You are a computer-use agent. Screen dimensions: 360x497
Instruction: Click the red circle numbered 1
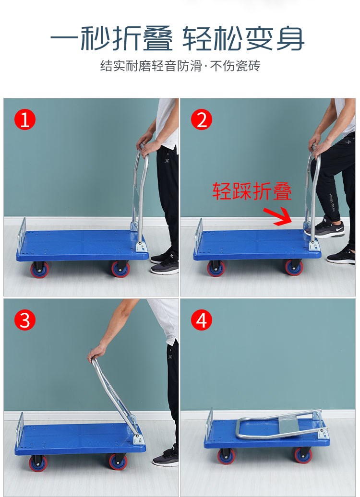(25, 119)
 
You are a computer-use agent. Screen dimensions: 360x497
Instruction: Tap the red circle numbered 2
(202, 119)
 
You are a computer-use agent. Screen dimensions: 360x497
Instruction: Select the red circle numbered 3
(25, 320)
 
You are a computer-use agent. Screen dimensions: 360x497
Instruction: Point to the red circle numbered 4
(202, 320)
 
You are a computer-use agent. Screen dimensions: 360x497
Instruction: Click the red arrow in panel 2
(278, 216)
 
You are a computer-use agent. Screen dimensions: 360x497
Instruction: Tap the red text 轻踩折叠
(252, 191)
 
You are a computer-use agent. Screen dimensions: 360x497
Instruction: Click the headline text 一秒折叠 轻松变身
(177, 38)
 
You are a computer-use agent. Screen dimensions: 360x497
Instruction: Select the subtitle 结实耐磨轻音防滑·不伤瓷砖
(180, 66)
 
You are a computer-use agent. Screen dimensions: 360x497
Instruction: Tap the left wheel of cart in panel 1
(40, 270)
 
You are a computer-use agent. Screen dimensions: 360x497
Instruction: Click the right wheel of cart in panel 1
(120, 269)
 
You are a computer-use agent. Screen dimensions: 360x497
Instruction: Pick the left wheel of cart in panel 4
(226, 456)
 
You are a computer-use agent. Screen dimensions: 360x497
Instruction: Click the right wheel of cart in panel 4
(303, 455)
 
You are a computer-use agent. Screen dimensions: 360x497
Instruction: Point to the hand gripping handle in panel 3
(96, 352)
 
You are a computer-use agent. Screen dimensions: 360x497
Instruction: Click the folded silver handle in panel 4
(279, 425)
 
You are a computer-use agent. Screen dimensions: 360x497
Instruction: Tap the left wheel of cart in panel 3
(38, 463)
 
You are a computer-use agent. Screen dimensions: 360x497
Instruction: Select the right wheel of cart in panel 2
(294, 267)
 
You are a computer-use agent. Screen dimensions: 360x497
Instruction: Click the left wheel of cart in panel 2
(216, 268)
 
